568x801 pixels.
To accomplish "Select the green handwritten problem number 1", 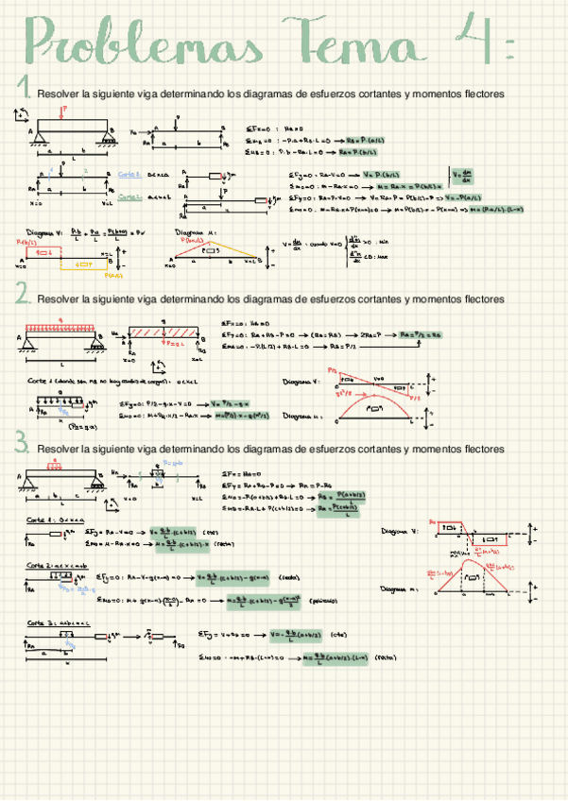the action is point(26,90).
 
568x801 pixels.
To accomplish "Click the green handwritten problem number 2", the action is point(23,296).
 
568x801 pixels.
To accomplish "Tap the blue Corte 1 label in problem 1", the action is point(130,175).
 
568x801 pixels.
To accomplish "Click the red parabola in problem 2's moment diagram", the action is point(378,402).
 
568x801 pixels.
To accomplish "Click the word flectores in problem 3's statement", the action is point(477,449).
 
